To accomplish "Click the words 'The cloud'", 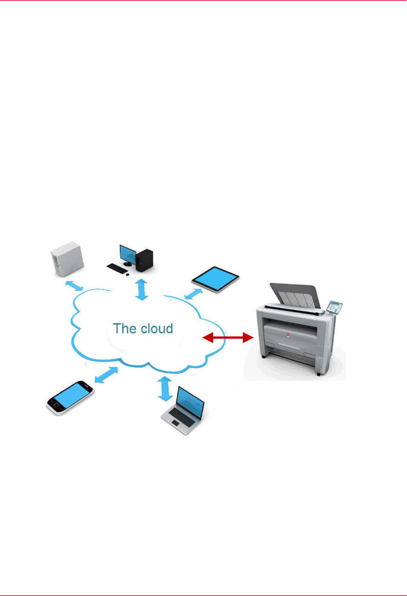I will [x=143, y=329].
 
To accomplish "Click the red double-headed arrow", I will [x=229, y=337].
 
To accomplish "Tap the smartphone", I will [x=70, y=397].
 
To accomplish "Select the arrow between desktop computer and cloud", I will [x=141, y=289].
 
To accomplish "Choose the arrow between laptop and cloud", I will [x=165, y=389].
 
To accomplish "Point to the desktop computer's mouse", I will [x=128, y=273].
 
